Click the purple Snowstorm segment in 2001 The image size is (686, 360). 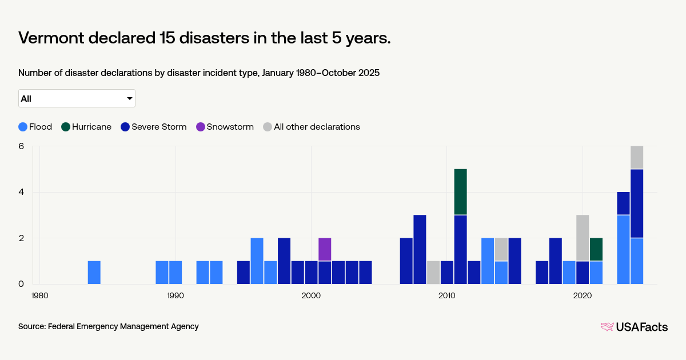325,249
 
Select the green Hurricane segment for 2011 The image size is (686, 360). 461,192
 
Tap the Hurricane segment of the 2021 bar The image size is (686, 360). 596,249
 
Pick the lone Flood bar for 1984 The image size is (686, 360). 94,272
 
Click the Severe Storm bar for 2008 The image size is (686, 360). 420,249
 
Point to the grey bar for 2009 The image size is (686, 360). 433,272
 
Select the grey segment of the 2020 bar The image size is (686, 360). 583,238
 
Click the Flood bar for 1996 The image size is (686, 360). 257,261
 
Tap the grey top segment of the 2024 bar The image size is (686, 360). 637,158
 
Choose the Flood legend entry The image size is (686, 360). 35,127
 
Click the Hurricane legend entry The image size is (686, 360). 86,127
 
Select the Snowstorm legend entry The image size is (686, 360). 225,127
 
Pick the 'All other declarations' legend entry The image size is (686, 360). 312,127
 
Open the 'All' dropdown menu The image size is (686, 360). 77,98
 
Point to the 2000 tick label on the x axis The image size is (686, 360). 311,295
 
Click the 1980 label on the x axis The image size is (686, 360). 40,295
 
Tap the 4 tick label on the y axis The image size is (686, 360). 21,192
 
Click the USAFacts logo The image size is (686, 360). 634,327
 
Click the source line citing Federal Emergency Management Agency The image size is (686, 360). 109,326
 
